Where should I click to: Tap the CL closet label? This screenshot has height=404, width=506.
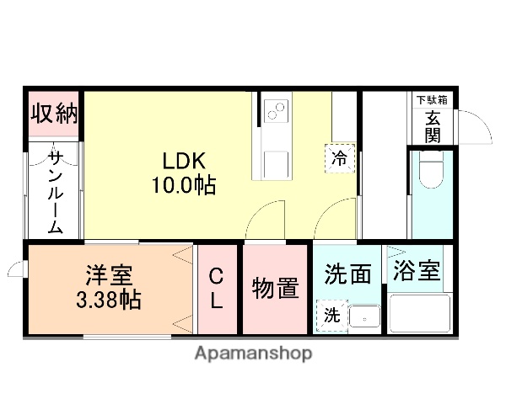pyautogui.click(x=216, y=289)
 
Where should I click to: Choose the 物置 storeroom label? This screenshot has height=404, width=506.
pyautogui.click(x=275, y=288)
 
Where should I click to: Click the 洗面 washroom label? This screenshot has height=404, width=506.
pyautogui.click(x=348, y=274)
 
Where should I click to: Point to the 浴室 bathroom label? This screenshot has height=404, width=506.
pyautogui.click(x=417, y=271)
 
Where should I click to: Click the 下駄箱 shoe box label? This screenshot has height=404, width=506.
pyautogui.click(x=432, y=99)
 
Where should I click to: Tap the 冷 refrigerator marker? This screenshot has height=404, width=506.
pyautogui.click(x=340, y=157)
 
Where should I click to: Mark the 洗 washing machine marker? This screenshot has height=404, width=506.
pyautogui.click(x=331, y=316)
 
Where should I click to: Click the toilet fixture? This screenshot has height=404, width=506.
pyautogui.click(x=431, y=173)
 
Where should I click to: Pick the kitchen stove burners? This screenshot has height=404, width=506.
pyautogui.click(x=276, y=109)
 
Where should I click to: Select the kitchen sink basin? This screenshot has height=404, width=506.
pyautogui.click(x=275, y=162)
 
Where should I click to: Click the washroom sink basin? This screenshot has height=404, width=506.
pyautogui.click(x=363, y=317)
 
